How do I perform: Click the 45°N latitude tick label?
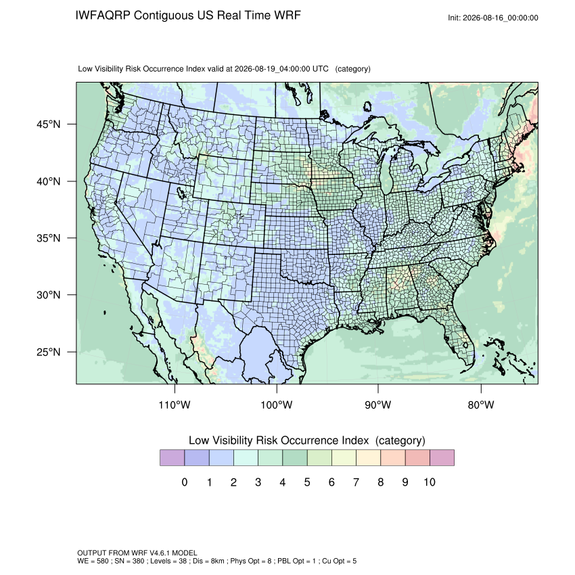click(x=49, y=124)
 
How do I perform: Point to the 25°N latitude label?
click(x=49, y=352)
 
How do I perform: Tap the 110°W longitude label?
click(x=175, y=405)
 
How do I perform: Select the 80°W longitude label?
click(x=481, y=405)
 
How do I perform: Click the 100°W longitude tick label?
click(x=277, y=405)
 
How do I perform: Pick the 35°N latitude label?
click(x=49, y=238)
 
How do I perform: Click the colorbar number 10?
click(x=430, y=482)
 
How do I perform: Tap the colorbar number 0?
click(x=185, y=482)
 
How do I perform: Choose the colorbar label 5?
click(x=307, y=482)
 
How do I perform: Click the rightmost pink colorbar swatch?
click(x=442, y=458)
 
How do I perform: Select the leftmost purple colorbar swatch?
click(x=172, y=458)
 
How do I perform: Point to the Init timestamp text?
click(x=493, y=18)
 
